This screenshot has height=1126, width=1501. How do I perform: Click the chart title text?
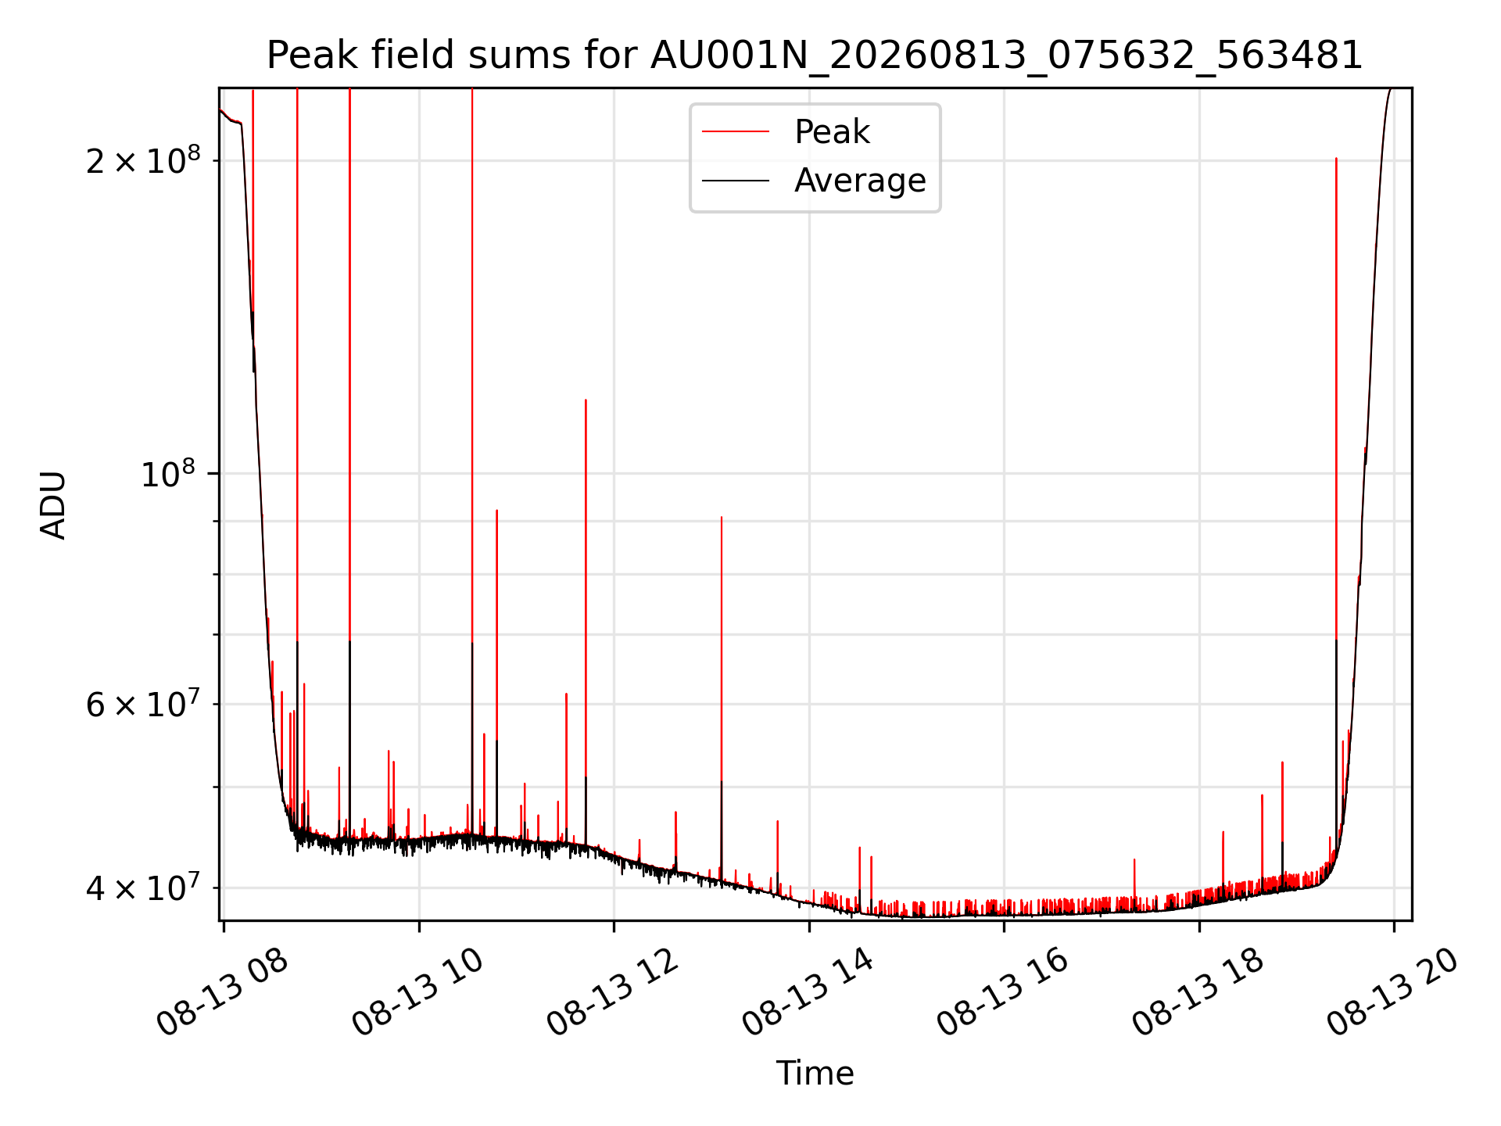815,56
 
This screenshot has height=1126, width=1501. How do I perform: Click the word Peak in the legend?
832,131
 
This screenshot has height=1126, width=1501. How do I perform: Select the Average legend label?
860,181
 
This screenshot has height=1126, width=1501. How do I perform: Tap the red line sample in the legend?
736,131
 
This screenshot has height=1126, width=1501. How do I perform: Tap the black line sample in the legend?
736,181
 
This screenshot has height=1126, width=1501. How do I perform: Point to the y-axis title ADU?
53,504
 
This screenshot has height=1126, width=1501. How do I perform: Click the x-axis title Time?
815,1073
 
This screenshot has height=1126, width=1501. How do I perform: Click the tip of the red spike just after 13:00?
722,517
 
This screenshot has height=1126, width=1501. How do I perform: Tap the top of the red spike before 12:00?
586,400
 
